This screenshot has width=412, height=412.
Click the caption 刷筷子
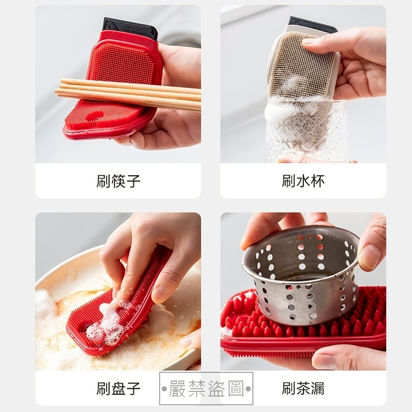tap(118, 181)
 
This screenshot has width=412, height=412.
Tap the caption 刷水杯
tap(303, 181)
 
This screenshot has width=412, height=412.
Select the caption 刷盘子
tap(118, 388)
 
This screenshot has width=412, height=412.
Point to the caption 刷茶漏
tap(303, 388)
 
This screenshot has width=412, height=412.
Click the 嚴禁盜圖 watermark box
tap(207, 388)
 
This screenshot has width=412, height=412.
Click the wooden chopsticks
tap(128, 94)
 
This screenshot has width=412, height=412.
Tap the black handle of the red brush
tap(130, 28)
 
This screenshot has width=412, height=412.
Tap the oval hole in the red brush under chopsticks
tap(94, 115)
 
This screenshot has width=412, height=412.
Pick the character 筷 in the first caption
tap(118, 181)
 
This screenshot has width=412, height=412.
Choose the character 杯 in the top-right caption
tap(318, 181)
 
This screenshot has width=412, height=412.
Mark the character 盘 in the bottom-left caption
tap(118, 388)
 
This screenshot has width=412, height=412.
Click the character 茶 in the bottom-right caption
tap(303, 388)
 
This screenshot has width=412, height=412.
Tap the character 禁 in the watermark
tap(197, 388)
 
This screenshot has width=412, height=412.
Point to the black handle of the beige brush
tap(312, 24)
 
